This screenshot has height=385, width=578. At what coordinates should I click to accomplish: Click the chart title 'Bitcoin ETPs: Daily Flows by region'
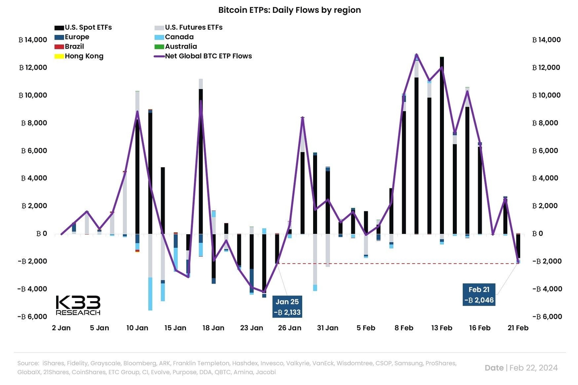click(x=289, y=10)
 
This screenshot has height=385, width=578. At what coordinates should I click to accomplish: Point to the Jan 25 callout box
click(x=287, y=307)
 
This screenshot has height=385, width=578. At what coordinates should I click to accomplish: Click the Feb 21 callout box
click(x=479, y=295)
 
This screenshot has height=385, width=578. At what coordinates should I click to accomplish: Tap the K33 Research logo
click(x=78, y=306)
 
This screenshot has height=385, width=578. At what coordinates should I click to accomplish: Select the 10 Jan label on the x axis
click(x=137, y=328)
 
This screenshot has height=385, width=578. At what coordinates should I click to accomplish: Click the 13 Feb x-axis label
click(x=442, y=328)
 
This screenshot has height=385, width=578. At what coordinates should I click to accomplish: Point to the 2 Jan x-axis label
click(x=61, y=328)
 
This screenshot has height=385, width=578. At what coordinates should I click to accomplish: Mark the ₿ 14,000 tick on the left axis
click(x=33, y=40)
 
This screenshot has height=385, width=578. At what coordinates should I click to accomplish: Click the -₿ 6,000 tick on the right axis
click(x=547, y=316)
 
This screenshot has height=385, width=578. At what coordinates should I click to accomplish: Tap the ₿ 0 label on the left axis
click(x=41, y=233)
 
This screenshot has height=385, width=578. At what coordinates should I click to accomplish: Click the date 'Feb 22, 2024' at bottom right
click(x=533, y=368)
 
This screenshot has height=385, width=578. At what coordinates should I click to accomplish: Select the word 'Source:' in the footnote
click(x=28, y=363)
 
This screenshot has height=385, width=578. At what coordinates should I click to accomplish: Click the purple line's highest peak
click(x=417, y=54)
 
